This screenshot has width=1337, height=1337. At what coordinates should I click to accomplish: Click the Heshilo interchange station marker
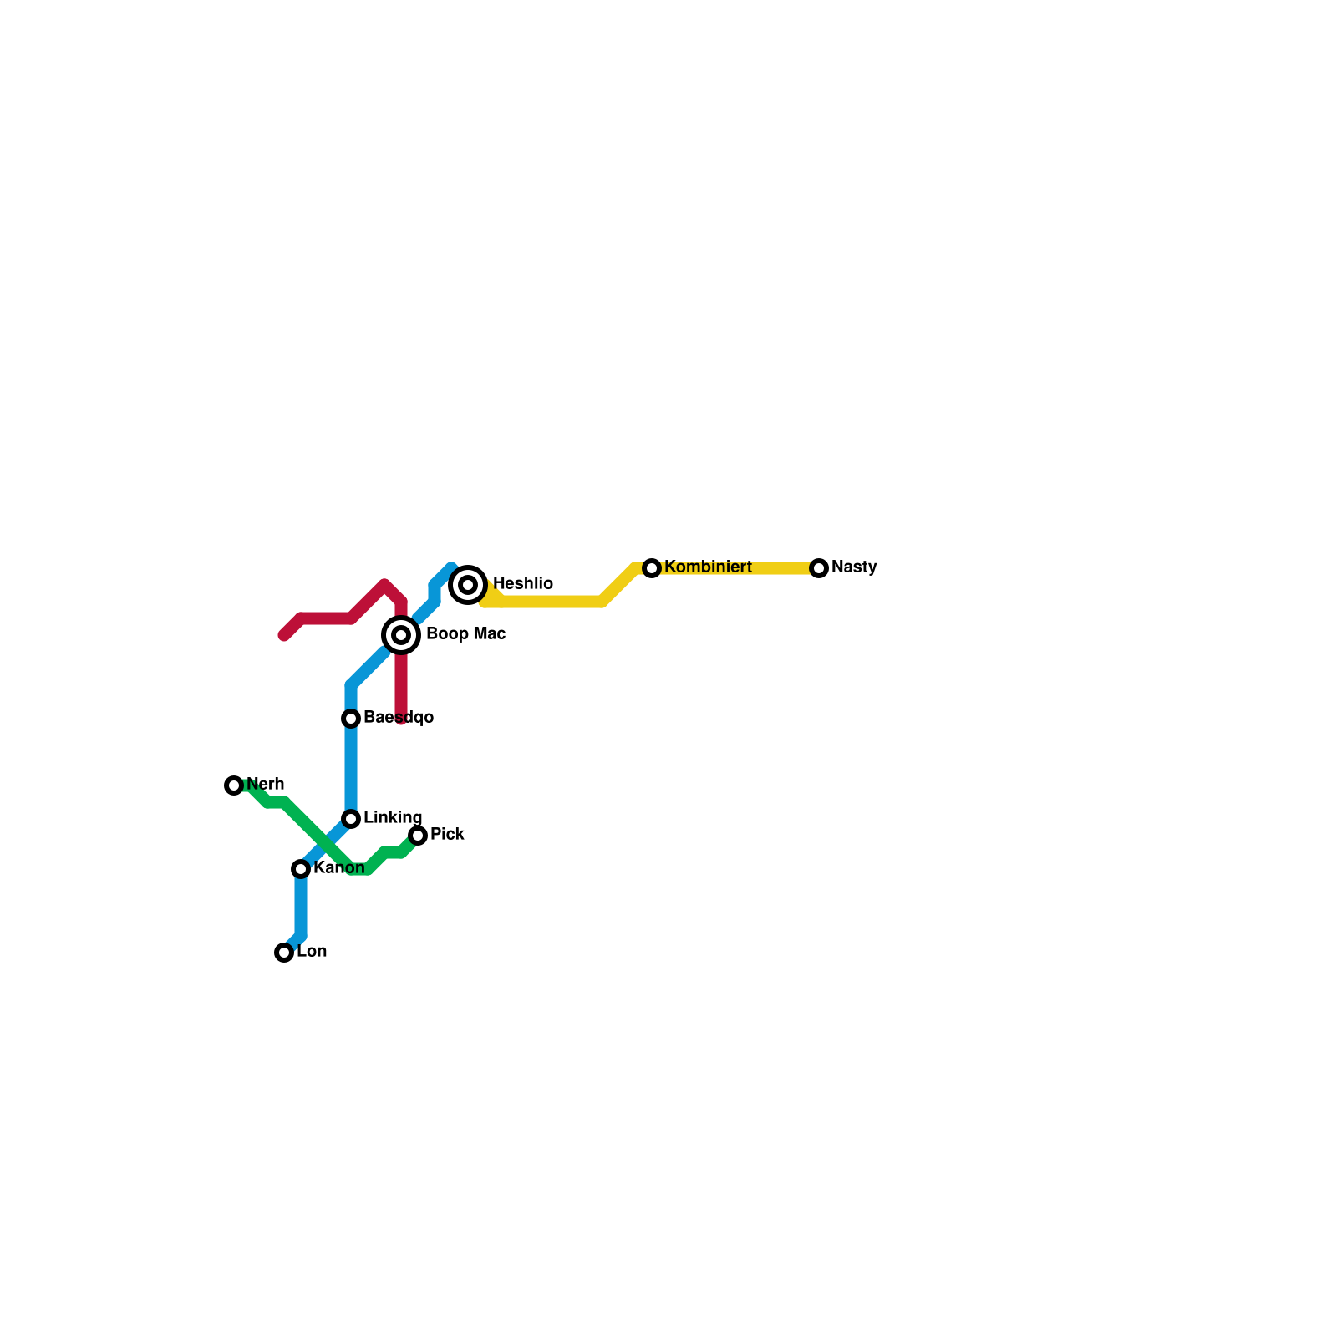coord(468,585)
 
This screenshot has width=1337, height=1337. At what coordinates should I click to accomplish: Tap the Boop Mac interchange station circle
coord(401,635)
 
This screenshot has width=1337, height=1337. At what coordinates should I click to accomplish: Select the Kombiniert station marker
coord(652,568)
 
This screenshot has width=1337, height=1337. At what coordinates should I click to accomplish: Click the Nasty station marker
coord(819,568)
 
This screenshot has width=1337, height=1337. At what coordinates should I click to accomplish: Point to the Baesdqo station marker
coord(351,719)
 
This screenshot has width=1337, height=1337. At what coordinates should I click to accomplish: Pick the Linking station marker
coord(351,819)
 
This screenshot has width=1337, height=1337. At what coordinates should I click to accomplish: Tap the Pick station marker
coord(418,836)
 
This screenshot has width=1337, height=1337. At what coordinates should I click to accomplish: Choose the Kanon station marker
coord(301,869)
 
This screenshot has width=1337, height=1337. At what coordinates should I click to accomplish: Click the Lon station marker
coord(284,953)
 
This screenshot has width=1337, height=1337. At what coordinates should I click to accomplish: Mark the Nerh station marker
coord(234,785)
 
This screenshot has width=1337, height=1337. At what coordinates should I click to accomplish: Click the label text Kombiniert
coord(708,567)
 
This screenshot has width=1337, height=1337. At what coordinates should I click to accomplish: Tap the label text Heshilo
coord(522,583)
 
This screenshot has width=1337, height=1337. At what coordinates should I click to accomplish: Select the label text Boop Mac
coord(465,634)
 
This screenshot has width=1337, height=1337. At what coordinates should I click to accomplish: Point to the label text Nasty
coord(854,567)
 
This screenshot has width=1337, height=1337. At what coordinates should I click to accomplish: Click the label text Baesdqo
coord(398,718)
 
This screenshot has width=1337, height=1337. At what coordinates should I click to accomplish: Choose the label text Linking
coord(393,817)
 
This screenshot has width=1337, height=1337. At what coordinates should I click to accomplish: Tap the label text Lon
coord(312,952)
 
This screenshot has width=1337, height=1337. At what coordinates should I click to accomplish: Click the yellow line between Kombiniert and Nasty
coord(735,568)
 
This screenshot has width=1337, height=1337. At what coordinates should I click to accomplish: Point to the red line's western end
coord(285,635)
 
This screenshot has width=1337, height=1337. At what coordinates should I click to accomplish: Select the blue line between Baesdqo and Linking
coord(351,769)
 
